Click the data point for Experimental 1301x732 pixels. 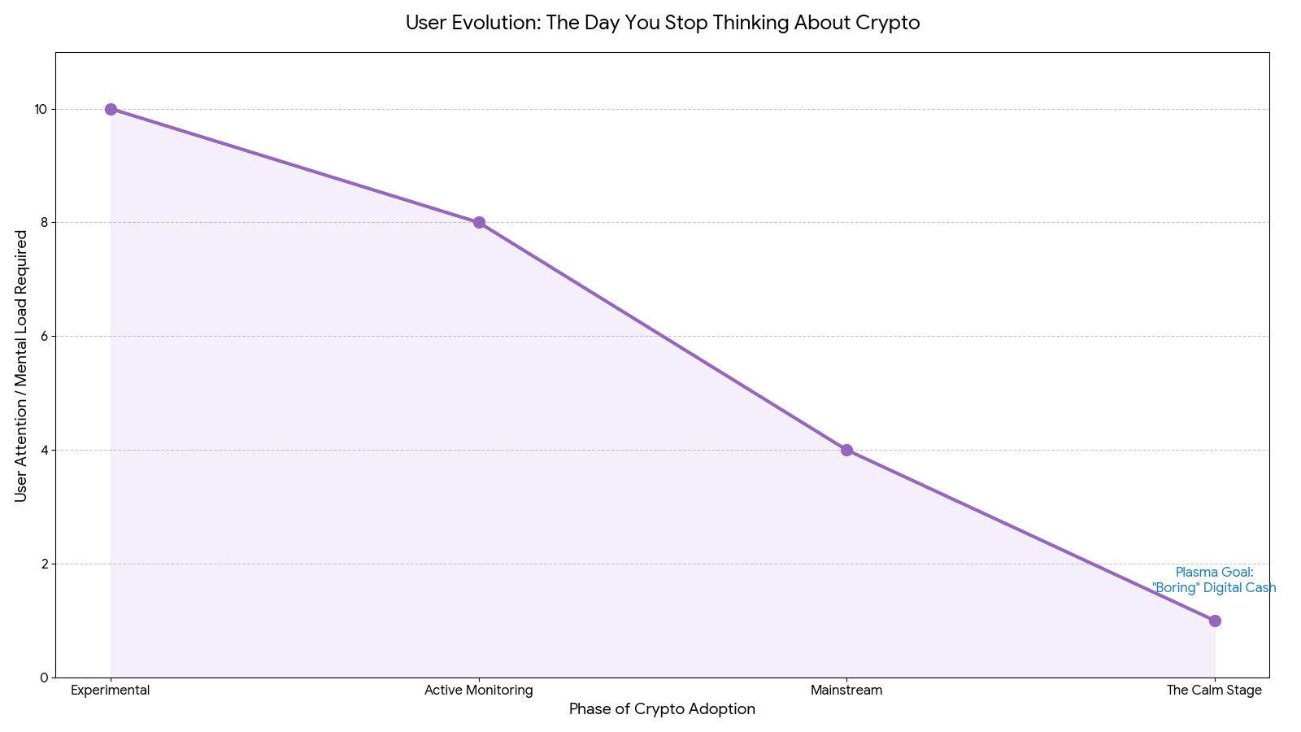pos(111,109)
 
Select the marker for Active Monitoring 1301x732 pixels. pos(479,223)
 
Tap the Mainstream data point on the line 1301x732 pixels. pos(846,450)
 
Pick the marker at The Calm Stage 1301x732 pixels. pos(1215,621)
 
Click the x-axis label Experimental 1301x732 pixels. pos(111,691)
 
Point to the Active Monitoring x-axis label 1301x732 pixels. pos(479,691)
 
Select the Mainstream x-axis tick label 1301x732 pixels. pos(846,691)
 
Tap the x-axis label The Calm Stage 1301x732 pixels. pos(1214,691)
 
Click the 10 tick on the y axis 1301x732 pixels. pos(40,109)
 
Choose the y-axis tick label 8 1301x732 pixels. pos(43,223)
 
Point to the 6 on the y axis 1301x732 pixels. pos(43,336)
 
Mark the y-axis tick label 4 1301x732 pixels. pos(43,450)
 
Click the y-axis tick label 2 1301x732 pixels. pos(43,564)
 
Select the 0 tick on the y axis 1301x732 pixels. pos(43,678)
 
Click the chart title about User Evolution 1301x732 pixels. pos(662,23)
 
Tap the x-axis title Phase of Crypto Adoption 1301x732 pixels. pos(662,709)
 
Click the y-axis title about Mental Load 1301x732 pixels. pos(21,365)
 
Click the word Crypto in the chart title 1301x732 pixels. pos(888,23)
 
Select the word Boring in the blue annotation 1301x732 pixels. pos(1176,588)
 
